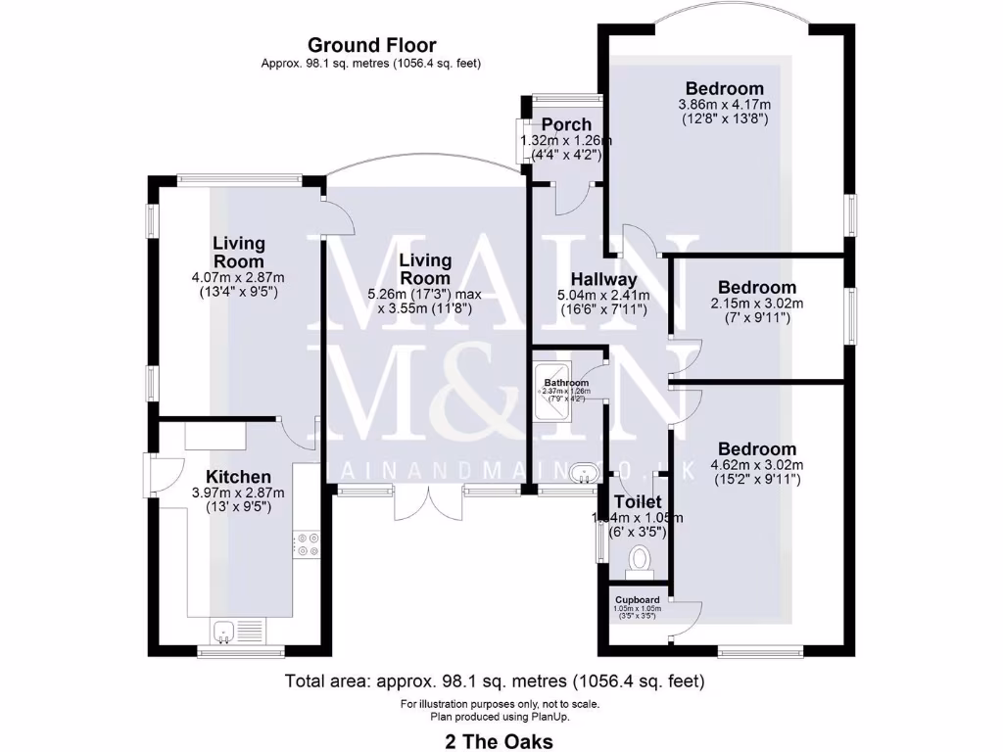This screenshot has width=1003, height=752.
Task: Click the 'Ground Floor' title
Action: (371, 45)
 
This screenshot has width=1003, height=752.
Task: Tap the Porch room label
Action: (566, 124)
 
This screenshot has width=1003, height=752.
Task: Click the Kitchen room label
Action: (233, 477)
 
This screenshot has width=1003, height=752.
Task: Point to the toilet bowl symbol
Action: (641, 560)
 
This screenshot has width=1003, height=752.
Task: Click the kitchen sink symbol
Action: (223, 632)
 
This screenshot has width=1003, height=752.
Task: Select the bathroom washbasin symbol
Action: (585, 475)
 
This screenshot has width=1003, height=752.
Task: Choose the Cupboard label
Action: (637, 599)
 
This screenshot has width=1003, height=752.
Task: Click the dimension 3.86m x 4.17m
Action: (724, 105)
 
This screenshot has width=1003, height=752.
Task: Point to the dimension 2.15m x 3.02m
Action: (757, 303)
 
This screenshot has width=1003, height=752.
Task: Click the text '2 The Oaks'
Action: (499, 741)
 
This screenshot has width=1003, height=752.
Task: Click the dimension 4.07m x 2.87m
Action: (239, 278)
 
